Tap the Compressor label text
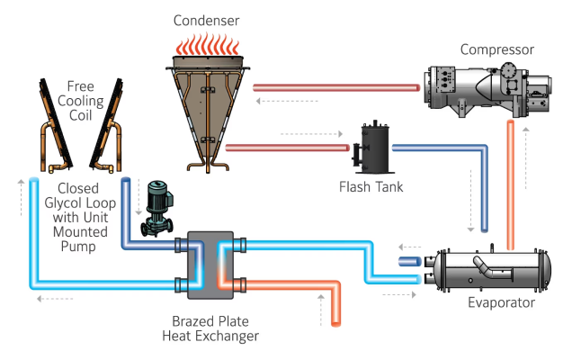(496, 49)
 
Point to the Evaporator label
(501, 302)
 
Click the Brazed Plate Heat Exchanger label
(215, 328)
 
